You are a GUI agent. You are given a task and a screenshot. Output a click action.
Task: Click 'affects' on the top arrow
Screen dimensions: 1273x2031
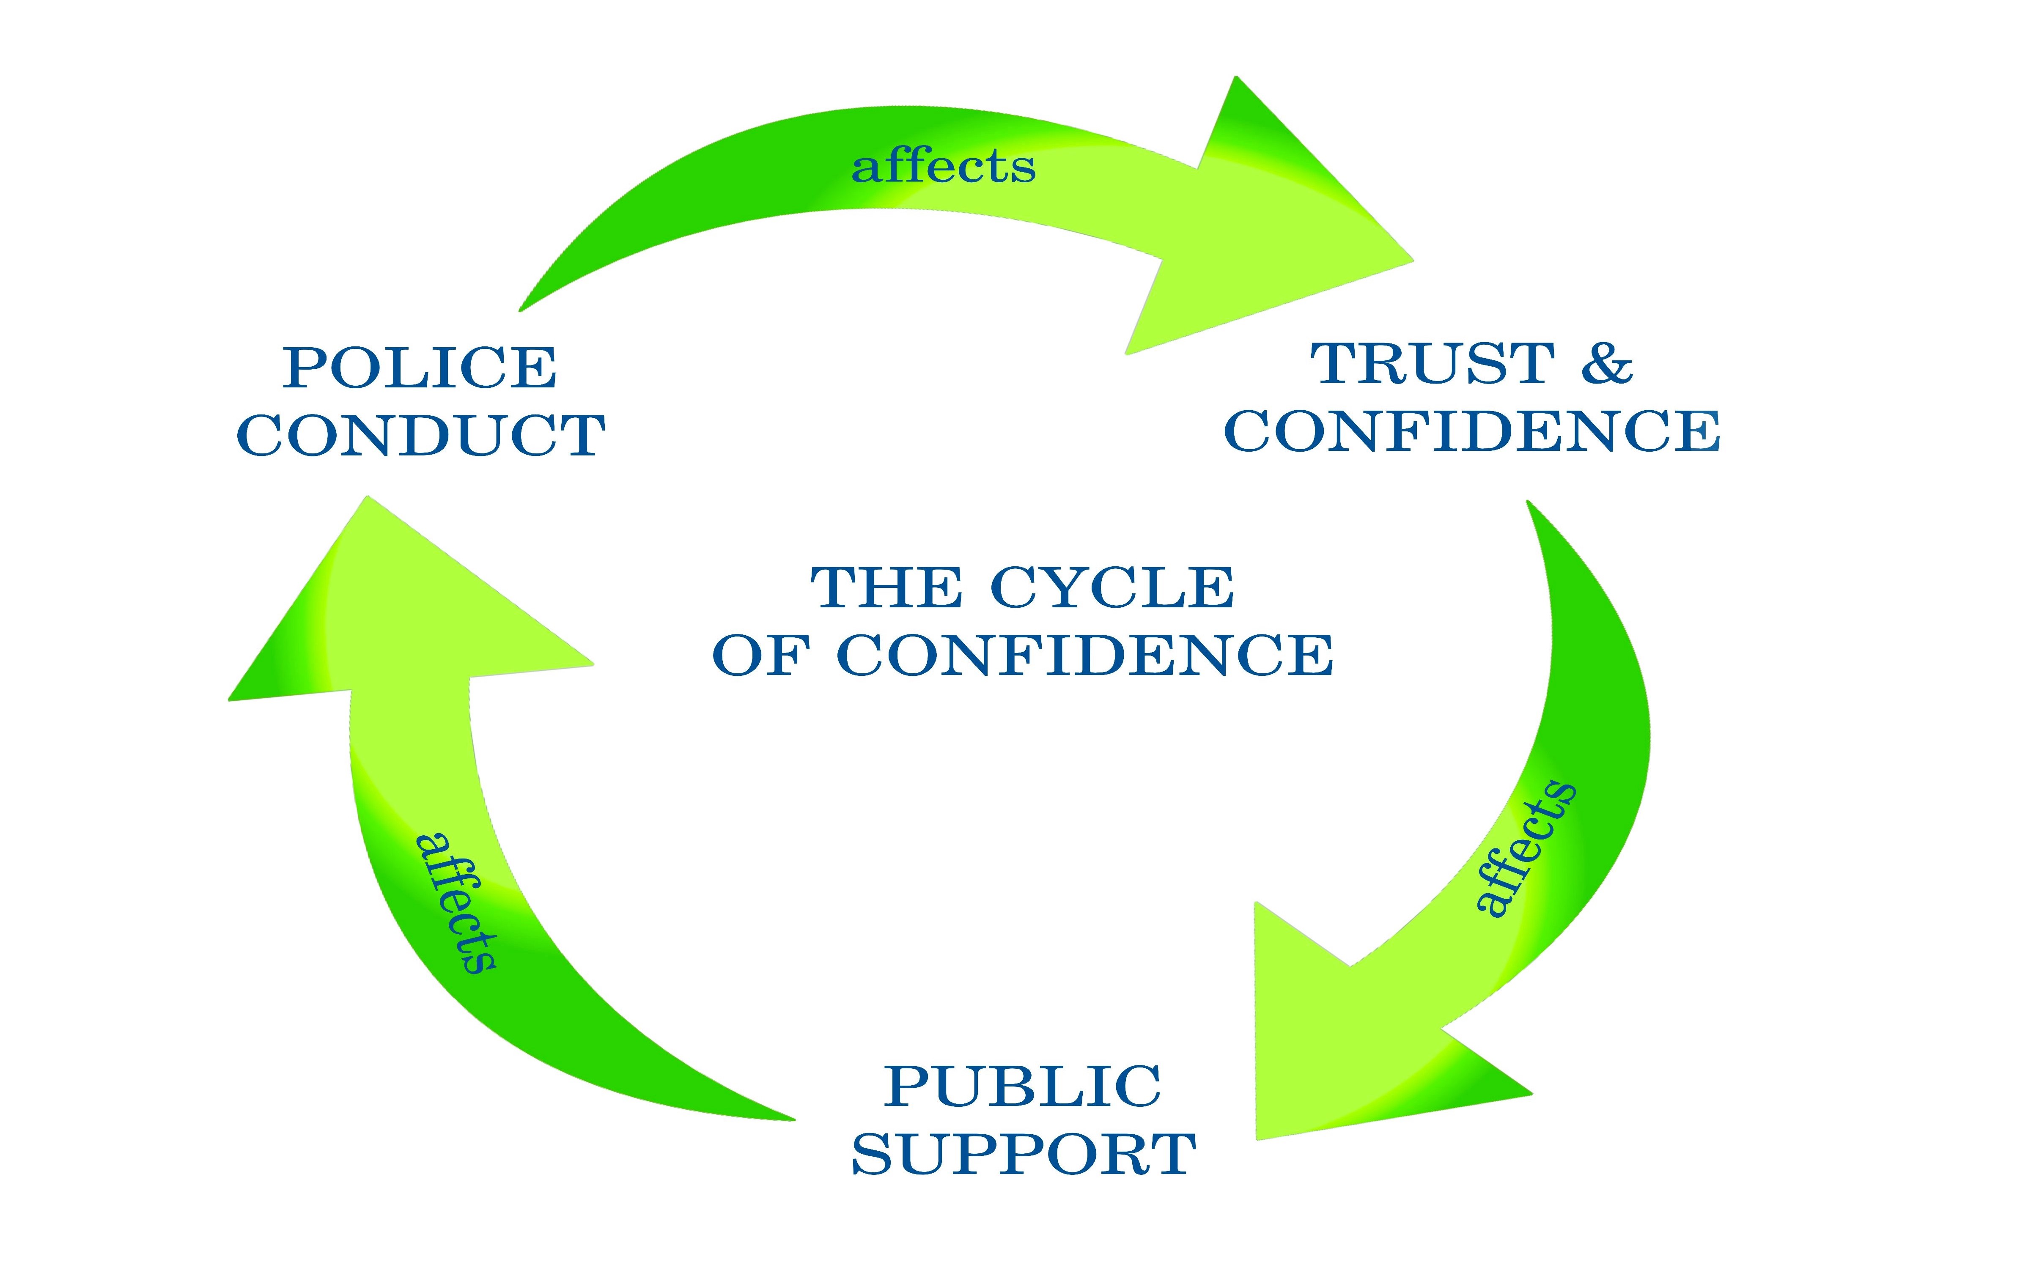(943, 167)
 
